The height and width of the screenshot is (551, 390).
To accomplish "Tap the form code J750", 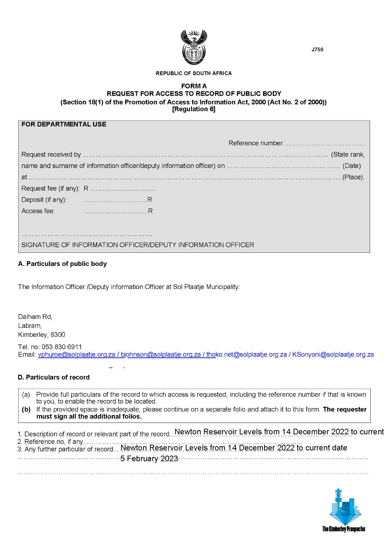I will (x=317, y=50).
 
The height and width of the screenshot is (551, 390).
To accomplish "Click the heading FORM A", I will (x=194, y=86).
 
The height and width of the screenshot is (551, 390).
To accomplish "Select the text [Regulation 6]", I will (x=193, y=110).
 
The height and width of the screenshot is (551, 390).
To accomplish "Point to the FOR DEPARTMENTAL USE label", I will (x=64, y=124).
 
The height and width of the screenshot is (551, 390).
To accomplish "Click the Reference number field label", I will (x=256, y=143).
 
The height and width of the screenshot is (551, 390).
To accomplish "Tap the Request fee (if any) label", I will (x=51, y=188).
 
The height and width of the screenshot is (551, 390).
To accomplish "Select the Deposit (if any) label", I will (x=44, y=200).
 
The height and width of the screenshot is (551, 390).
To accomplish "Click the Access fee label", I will (x=38, y=211).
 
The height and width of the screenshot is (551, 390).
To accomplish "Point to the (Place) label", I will (x=353, y=177).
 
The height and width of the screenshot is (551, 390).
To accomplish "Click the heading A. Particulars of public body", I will (x=62, y=264).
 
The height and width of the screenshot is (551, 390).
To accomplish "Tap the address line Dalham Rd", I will (x=35, y=317).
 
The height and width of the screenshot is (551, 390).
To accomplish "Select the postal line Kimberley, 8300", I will (x=41, y=334).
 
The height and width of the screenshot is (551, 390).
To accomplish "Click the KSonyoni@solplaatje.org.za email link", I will (x=333, y=354).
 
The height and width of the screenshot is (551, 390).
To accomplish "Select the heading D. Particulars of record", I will (x=53, y=377).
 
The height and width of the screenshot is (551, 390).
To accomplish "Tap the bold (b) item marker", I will (x=26, y=409).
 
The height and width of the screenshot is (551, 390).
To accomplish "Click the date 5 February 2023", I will (x=149, y=459).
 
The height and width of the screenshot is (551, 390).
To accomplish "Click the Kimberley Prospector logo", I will (x=343, y=510).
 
